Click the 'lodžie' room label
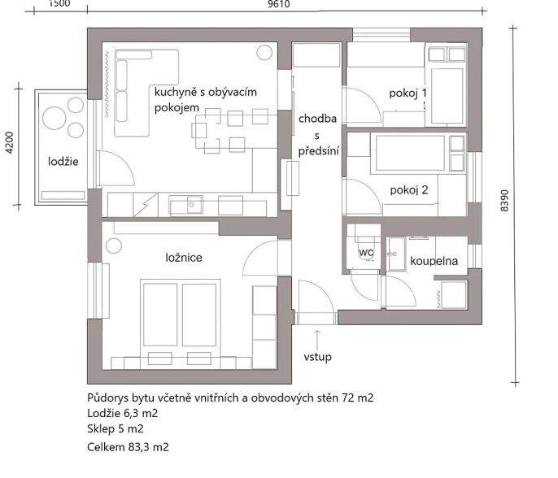63,162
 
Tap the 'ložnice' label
184,257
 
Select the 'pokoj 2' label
409,190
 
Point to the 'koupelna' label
434,261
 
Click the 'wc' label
366,252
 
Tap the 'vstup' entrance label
318,357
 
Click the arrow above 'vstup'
317,339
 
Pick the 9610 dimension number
279,4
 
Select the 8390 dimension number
504,201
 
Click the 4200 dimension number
10,142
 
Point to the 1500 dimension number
59,3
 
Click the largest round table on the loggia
54,119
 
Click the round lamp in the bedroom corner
114,246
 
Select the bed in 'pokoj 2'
411,153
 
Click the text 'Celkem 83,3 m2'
129,447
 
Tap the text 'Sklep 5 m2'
116,429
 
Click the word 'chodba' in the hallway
318,119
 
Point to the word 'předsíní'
319,151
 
